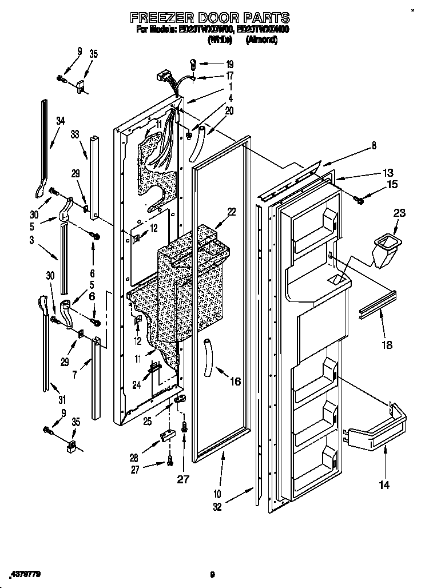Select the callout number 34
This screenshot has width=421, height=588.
pos(61,121)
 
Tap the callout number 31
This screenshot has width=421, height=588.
pos(61,399)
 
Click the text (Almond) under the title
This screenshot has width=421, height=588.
pos(261,40)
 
